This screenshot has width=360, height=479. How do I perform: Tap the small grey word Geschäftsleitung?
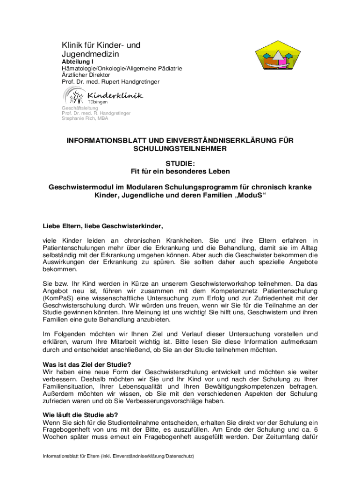[80, 108]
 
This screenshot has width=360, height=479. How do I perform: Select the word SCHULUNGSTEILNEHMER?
[180, 149]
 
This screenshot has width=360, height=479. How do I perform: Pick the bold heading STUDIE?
[180, 163]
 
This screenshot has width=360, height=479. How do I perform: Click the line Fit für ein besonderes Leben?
[180, 171]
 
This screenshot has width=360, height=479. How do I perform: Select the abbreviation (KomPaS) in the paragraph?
[59, 297]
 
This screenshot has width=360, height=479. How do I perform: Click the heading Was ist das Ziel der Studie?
[87, 364]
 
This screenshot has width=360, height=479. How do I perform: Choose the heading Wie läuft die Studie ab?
[80, 414]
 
